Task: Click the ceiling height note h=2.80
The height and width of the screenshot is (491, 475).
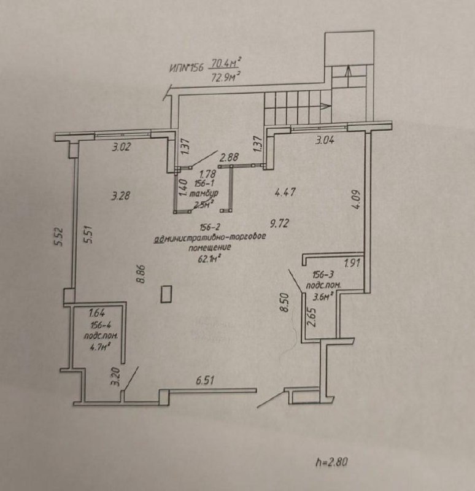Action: pyautogui.click(x=331, y=462)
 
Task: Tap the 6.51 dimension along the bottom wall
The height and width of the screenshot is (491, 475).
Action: pyautogui.click(x=205, y=381)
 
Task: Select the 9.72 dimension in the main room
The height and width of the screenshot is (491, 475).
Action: pyautogui.click(x=279, y=223)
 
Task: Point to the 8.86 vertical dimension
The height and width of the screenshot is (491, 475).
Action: pyautogui.click(x=141, y=274)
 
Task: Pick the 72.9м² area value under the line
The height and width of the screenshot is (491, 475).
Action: pyautogui.click(x=225, y=76)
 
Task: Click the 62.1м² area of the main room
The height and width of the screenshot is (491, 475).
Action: pyautogui.click(x=209, y=258)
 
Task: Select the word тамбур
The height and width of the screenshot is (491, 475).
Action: pyautogui.click(x=204, y=194)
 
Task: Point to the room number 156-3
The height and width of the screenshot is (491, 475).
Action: pyautogui.click(x=323, y=274)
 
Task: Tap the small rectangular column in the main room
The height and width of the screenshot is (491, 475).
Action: pyautogui.click(x=166, y=294)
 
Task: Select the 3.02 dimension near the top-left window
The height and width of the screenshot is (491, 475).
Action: pyautogui.click(x=122, y=147)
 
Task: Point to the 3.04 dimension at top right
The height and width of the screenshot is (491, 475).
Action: pyautogui.click(x=325, y=140)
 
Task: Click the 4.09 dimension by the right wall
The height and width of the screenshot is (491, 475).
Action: pyautogui.click(x=357, y=199)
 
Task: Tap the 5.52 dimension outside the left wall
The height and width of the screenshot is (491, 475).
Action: pyautogui.click(x=59, y=236)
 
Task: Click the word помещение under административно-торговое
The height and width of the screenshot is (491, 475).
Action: pyautogui.click(x=210, y=247)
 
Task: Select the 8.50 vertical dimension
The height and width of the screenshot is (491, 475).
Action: pyautogui.click(x=284, y=302)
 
